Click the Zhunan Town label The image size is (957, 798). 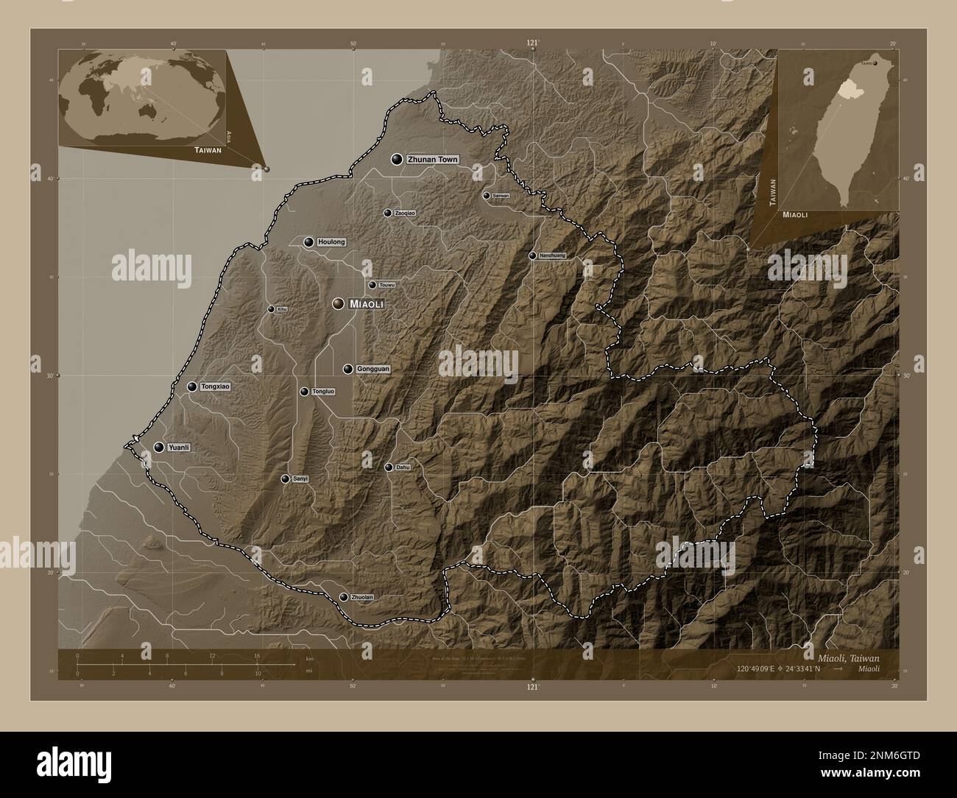[432, 160]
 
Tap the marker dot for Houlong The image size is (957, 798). [308, 242]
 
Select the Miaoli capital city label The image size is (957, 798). [367, 304]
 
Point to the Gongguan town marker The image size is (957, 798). [347, 369]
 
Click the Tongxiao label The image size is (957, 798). [216, 386]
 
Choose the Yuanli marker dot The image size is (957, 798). [158, 447]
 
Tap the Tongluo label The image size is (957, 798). [322, 392]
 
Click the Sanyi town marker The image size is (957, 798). [285, 479]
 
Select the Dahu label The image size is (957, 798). [403, 467]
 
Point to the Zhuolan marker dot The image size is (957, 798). [344, 597]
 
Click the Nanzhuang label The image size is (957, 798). [552, 256]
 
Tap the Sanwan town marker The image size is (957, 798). [486, 196]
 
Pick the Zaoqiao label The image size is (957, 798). [405, 213]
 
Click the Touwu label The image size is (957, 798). [388, 285]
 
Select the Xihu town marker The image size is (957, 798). [271, 309]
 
